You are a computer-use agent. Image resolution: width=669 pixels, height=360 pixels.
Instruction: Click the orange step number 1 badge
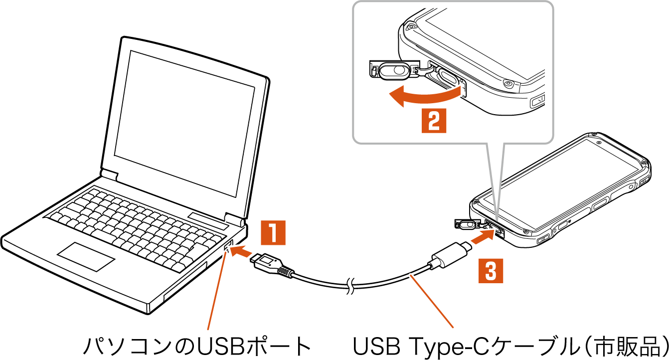coord(273,233)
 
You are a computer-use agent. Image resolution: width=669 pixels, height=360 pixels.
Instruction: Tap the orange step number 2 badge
coord(434,120)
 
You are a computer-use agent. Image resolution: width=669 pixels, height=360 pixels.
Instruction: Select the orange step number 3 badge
coord(491,271)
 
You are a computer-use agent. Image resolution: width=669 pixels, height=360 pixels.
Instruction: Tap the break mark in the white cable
coord(351,287)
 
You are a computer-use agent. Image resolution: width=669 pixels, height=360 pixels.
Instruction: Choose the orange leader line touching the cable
coord(432,301)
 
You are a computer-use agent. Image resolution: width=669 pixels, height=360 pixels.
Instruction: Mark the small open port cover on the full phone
coord(466,223)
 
